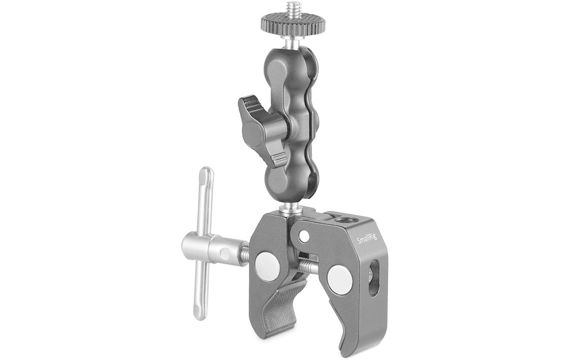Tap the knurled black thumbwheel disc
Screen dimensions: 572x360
point(292,23)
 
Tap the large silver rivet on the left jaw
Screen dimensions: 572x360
point(268,266)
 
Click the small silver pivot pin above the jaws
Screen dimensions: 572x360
point(303,237)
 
